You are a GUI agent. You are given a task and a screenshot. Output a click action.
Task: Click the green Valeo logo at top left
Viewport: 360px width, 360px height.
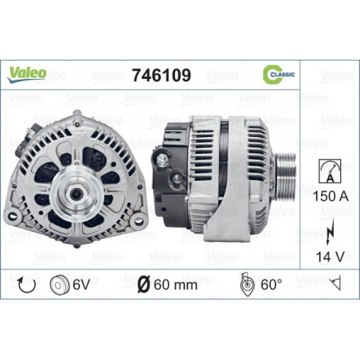click(26, 74)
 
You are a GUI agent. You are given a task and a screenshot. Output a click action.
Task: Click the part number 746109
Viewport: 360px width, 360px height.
click(162, 75)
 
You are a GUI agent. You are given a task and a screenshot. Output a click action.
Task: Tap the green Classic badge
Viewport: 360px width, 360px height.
click(278, 74)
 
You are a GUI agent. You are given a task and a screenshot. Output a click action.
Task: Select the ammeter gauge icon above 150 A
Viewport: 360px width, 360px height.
click(330, 171)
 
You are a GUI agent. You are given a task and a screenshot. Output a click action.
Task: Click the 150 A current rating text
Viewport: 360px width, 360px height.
click(331, 196)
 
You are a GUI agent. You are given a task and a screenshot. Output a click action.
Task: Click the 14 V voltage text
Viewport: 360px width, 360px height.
click(330, 256)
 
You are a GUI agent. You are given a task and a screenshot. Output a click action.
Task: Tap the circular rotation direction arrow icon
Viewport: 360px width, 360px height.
click(26, 285)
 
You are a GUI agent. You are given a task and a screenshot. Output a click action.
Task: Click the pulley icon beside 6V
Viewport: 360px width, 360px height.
click(60, 285)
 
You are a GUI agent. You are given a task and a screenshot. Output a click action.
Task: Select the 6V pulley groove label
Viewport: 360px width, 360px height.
click(81, 285)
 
